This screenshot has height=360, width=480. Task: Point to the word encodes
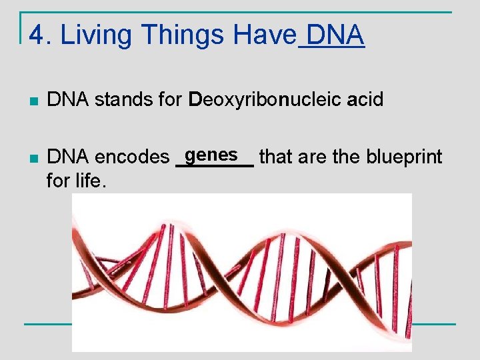(x=132, y=157)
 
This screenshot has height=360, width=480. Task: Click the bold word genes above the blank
(x=212, y=155)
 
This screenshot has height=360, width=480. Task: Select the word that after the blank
(x=276, y=157)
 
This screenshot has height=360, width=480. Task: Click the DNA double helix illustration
(x=241, y=272)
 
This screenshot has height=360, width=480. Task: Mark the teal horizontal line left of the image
(x=47, y=324)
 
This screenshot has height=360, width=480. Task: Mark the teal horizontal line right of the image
(x=433, y=324)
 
